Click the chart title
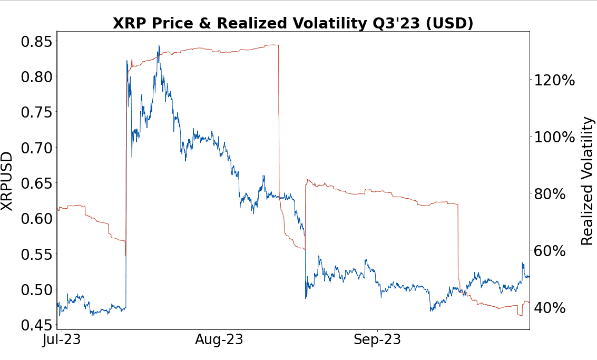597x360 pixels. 293,24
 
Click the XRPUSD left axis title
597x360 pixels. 7,181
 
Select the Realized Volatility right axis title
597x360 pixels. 587,181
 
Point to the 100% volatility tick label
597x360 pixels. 554,137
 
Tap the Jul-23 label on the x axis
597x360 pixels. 62,340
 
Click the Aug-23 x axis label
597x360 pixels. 219,340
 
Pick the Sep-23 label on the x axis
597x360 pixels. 376,340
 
